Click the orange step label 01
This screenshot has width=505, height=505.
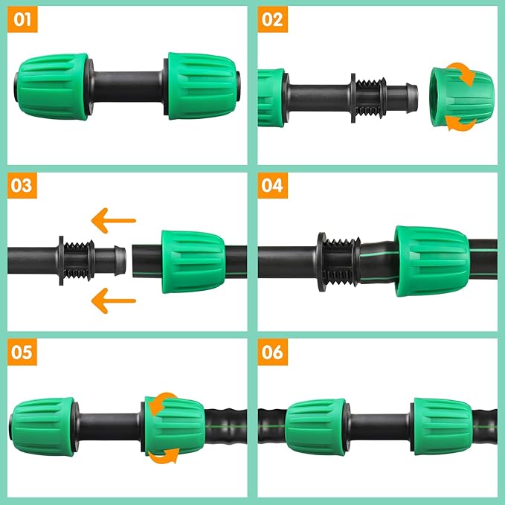23,19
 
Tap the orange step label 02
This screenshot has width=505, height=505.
273,19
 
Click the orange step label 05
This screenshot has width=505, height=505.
23,351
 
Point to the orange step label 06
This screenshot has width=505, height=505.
273,351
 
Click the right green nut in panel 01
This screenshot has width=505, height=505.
203,86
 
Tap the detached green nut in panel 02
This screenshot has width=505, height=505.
461,98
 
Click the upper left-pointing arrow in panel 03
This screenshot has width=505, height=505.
113,220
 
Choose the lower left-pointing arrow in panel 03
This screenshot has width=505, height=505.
113,300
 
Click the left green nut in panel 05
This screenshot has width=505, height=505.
44,427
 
